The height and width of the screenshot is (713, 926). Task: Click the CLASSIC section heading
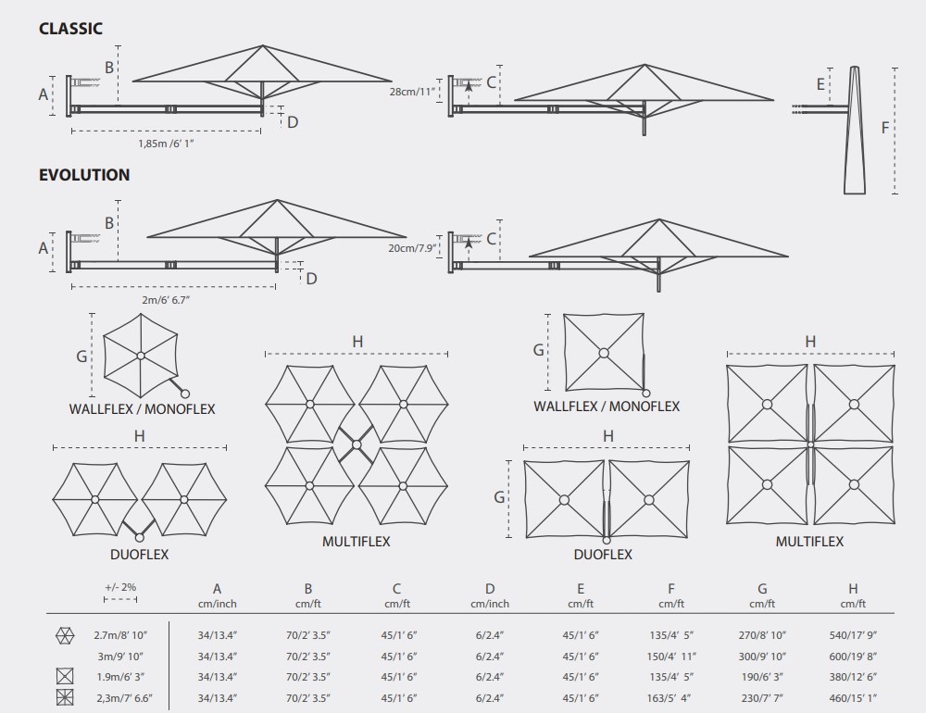pyautogui.click(x=70, y=29)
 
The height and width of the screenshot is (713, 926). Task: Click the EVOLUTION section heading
pyautogui.click(x=84, y=175)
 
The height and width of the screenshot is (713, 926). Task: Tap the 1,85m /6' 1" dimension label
pyautogui.click(x=166, y=144)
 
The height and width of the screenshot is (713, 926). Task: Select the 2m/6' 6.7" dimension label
pyautogui.click(x=166, y=300)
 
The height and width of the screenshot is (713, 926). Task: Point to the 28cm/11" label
pyautogui.click(x=412, y=93)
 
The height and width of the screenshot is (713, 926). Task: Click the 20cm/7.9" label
pyautogui.click(x=412, y=248)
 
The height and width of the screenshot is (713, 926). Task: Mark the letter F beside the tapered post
pyautogui.click(x=884, y=128)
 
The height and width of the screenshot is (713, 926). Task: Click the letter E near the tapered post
pyautogui.click(x=820, y=84)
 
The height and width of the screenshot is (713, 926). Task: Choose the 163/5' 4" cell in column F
pyautogui.click(x=671, y=698)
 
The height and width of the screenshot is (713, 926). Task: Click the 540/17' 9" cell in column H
pyautogui.click(x=853, y=635)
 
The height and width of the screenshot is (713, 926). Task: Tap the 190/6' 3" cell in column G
pyautogui.click(x=762, y=677)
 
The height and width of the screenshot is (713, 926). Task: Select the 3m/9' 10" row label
pyautogui.click(x=120, y=657)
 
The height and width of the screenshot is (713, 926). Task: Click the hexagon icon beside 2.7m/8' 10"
pyautogui.click(x=65, y=635)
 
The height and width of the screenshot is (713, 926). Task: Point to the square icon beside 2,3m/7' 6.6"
pyautogui.click(x=65, y=697)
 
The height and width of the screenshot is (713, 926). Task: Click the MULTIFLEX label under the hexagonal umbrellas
pyautogui.click(x=357, y=542)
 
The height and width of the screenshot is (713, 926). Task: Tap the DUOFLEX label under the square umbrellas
pyautogui.click(x=603, y=555)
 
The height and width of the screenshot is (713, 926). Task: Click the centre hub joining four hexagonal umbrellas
pyautogui.click(x=357, y=444)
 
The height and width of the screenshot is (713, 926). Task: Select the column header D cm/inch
pyautogui.click(x=490, y=595)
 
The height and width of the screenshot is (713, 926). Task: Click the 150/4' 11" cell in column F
pyautogui.click(x=671, y=657)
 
